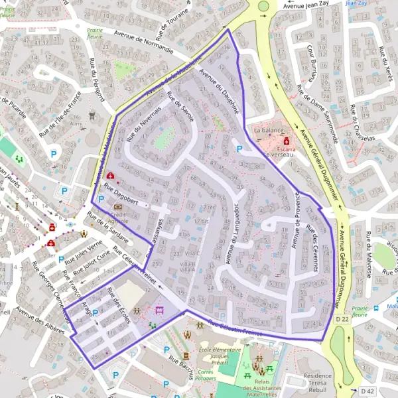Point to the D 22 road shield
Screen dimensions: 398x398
342,320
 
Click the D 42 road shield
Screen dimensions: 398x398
368,390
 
